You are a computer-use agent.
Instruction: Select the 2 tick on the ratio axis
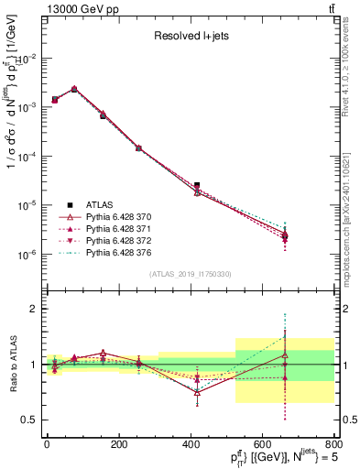tap(35, 309)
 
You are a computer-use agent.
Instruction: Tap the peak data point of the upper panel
tap(74, 89)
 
